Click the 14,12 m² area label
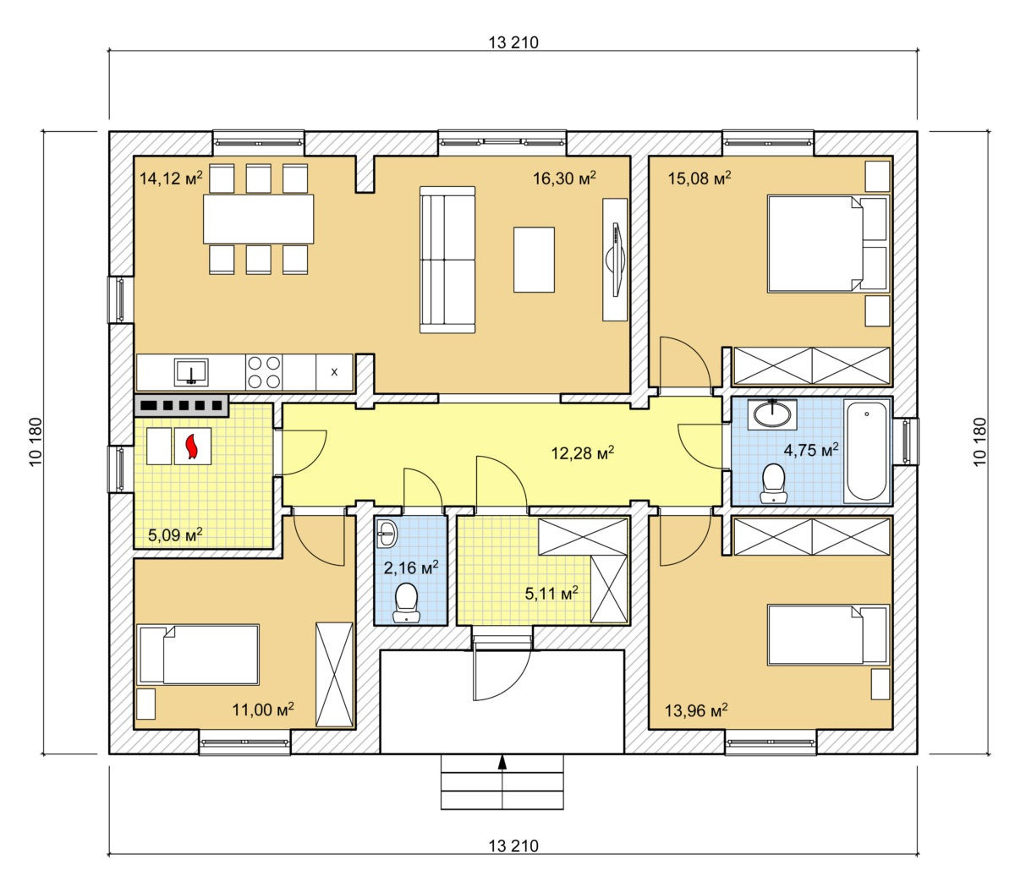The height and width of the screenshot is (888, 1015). click(x=171, y=177)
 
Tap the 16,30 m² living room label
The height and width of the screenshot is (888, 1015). click(x=564, y=177)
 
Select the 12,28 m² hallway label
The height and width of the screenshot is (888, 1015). click(x=583, y=452)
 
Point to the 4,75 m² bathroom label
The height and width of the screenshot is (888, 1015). click(x=811, y=449)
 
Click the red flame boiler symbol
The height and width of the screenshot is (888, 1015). click(x=192, y=446)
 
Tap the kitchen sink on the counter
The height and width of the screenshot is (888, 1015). click(x=191, y=372)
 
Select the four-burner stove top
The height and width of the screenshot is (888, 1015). click(x=264, y=372)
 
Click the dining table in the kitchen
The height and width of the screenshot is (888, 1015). click(x=258, y=219)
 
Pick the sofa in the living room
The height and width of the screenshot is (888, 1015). click(x=447, y=260)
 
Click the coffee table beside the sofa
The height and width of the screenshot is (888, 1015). click(x=534, y=260)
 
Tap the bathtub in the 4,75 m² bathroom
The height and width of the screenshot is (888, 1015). click(x=867, y=451)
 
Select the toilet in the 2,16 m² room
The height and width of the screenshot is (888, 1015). click(x=406, y=602)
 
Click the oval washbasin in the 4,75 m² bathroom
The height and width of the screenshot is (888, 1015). click(x=772, y=414)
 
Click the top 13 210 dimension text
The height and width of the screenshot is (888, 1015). click(x=513, y=42)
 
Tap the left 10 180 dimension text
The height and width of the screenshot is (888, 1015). click(x=36, y=441)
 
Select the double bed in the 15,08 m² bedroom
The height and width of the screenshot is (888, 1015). click(x=827, y=243)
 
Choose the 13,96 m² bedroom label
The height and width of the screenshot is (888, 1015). click(x=696, y=710)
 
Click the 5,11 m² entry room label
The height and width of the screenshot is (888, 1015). click(x=551, y=593)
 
